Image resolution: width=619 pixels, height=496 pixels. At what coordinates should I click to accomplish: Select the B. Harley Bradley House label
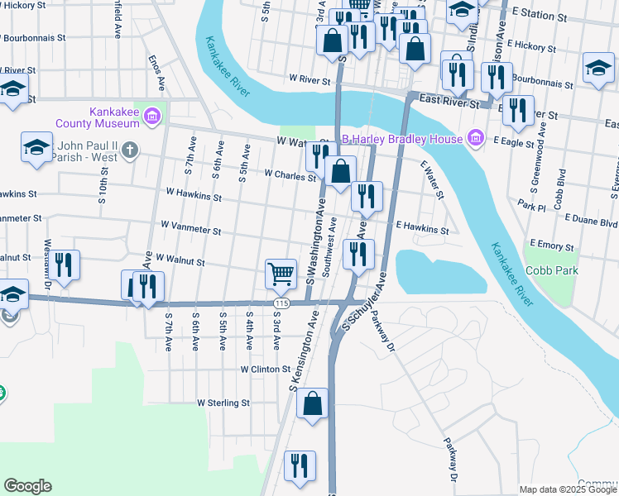[402, 139]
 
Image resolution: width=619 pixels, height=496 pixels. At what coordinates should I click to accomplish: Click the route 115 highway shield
[282, 304]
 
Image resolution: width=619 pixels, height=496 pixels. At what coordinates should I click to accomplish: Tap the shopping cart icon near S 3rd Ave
[281, 273]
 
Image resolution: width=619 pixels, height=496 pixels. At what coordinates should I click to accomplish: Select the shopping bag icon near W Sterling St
[313, 404]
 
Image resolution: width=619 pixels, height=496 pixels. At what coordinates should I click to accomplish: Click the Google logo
[27, 486]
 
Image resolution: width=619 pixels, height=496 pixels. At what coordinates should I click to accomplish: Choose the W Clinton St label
[266, 369]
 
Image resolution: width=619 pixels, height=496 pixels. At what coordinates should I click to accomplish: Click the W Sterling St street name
[223, 403]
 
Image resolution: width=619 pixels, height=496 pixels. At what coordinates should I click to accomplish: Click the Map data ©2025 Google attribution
[568, 489]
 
